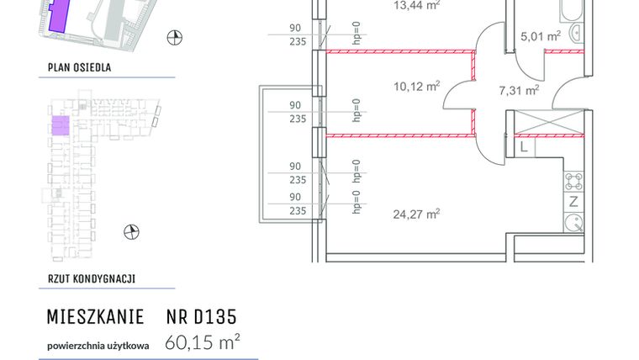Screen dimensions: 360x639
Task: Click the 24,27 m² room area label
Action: [x=416, y=214]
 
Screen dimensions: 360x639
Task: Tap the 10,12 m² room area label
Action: [x=416, y=86]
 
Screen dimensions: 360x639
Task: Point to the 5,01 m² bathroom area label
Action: [x=541, y=36]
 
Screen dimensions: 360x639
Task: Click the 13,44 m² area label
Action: [x=417, y=4]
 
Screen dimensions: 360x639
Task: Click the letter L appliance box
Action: [x=523, y=147]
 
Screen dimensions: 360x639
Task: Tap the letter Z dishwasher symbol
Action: [x=573, y=201]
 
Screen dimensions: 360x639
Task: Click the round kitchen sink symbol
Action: [x=574, y=224]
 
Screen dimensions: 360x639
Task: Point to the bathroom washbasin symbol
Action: [x=577, y=33]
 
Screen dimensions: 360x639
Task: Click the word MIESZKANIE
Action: [x=92, y=317]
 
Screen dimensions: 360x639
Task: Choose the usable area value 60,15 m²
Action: [x=203, y=341]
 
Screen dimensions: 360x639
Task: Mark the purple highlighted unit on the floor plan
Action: [x=61, y=126]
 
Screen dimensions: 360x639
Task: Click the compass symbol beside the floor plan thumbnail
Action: [x=130, y=231]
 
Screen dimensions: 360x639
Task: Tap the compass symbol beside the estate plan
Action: [x=174, y=36]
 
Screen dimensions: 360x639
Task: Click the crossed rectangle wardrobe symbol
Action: [x=547, y=123]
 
